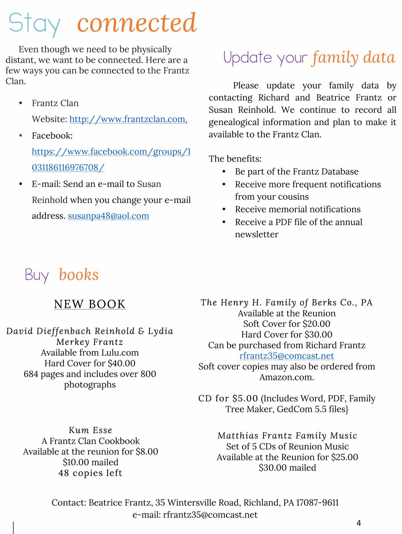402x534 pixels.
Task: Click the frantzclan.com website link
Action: [x=128, y=119]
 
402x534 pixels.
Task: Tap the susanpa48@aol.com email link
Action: [x=108, y=216]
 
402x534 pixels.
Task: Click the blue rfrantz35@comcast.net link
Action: [x=287, y=356]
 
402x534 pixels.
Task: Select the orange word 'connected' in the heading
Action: [x=137, y=23]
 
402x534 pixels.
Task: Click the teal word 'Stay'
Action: [x=35, y=24]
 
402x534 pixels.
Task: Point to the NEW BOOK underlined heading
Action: [x=90, y=304]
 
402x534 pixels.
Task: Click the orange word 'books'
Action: [x=79, y=275]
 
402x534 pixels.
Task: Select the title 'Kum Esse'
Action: [x=90, y=430]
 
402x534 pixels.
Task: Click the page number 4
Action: [x=359, y=523]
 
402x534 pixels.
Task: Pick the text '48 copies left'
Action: [x=90, y=473]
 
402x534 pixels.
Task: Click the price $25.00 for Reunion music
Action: [x=344, y=457]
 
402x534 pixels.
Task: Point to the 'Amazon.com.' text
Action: [x=287, y=377]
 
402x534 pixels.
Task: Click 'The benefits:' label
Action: [x=235, y=159]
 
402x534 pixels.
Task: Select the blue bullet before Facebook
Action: [x=21, y=135]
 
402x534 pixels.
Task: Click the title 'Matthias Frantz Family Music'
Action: [x=287, y=436]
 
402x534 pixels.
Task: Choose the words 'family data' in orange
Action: [x=353, y=58]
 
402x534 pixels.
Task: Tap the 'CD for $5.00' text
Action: [x=228, y=399]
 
